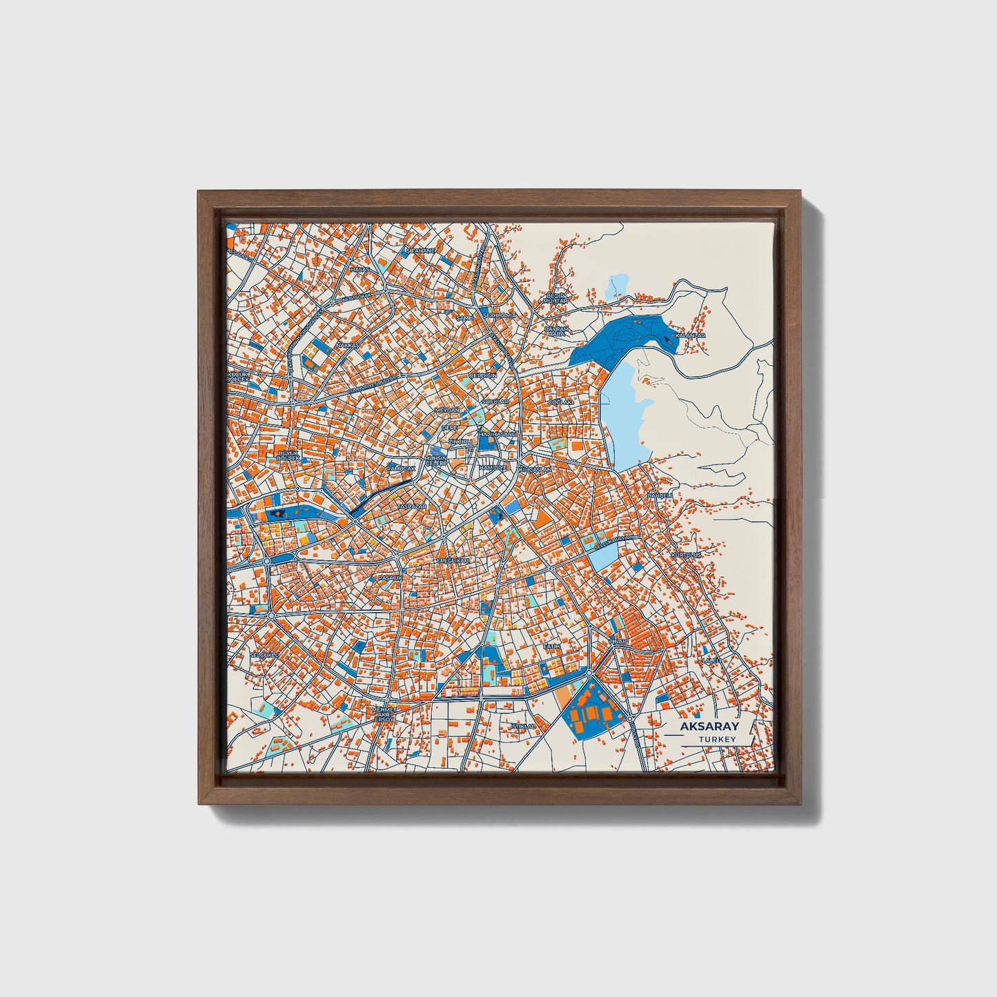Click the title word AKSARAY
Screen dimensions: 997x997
(709, 727)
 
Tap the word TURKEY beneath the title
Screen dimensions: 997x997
(717, 740)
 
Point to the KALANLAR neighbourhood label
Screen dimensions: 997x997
(690, 335)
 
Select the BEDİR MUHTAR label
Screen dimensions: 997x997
(555, 298)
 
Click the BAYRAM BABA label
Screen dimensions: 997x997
(556, 331)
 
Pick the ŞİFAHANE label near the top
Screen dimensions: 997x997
(421, 250)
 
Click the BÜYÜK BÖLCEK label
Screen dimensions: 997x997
(288, 455)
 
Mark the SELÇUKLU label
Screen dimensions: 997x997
(263, 653)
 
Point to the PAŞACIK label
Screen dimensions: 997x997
(388, 577)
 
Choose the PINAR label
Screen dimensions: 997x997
(618, 642)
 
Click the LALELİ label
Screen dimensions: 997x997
(711, 660)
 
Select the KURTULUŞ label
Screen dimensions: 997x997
(686, 554)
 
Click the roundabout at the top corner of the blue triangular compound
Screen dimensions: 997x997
(590, 673)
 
